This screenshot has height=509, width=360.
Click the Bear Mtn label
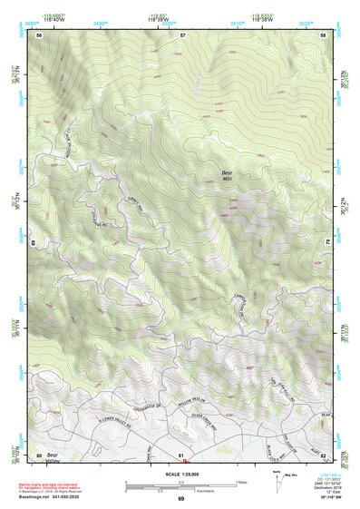(229, 175)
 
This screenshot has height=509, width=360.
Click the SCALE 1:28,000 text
(180, 474)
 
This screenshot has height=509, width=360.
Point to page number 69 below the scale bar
(180, 498)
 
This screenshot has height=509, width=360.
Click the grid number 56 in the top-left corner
(40, 34)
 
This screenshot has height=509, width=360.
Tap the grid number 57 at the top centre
(182, 34)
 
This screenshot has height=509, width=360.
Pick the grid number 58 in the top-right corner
(324, 34)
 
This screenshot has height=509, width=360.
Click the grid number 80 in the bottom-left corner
(38, 455)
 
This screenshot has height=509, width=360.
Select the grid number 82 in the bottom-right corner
(324, 455)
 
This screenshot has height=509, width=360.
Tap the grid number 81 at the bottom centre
(181, 455)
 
